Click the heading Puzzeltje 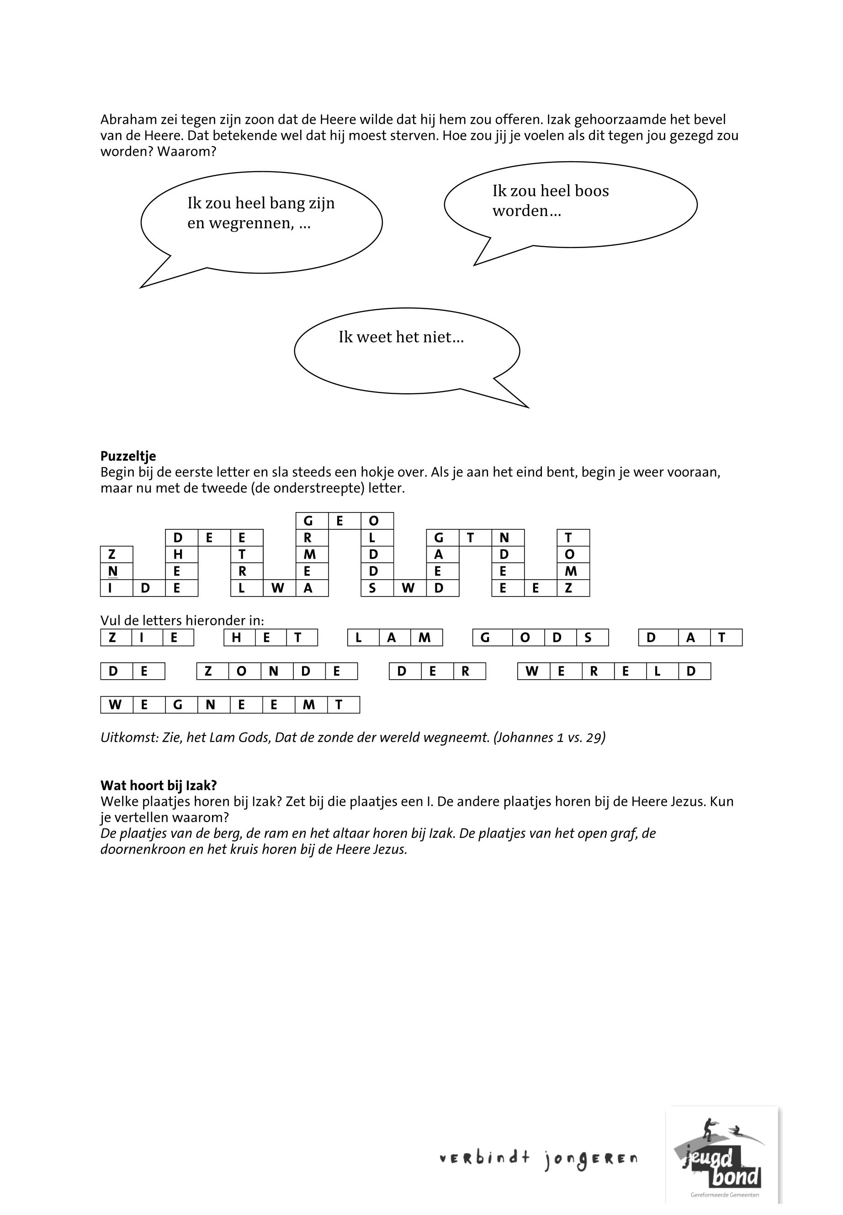(x=128, y=456)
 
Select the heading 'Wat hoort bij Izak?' (x=159, y=785)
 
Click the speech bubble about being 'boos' (x=570, y=204)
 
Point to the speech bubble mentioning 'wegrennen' (x=261, y=222)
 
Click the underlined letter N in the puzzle (x=112, y=571)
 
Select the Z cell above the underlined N (x=112, y=555)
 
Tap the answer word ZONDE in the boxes (x=277, y=671)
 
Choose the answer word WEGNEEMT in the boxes (x=230, y=705)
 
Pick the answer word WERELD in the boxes (x=614, y=671)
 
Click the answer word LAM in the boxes (x=395, y=638)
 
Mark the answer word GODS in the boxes (x=541, y=638)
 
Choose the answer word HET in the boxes (x=270, y=638)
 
